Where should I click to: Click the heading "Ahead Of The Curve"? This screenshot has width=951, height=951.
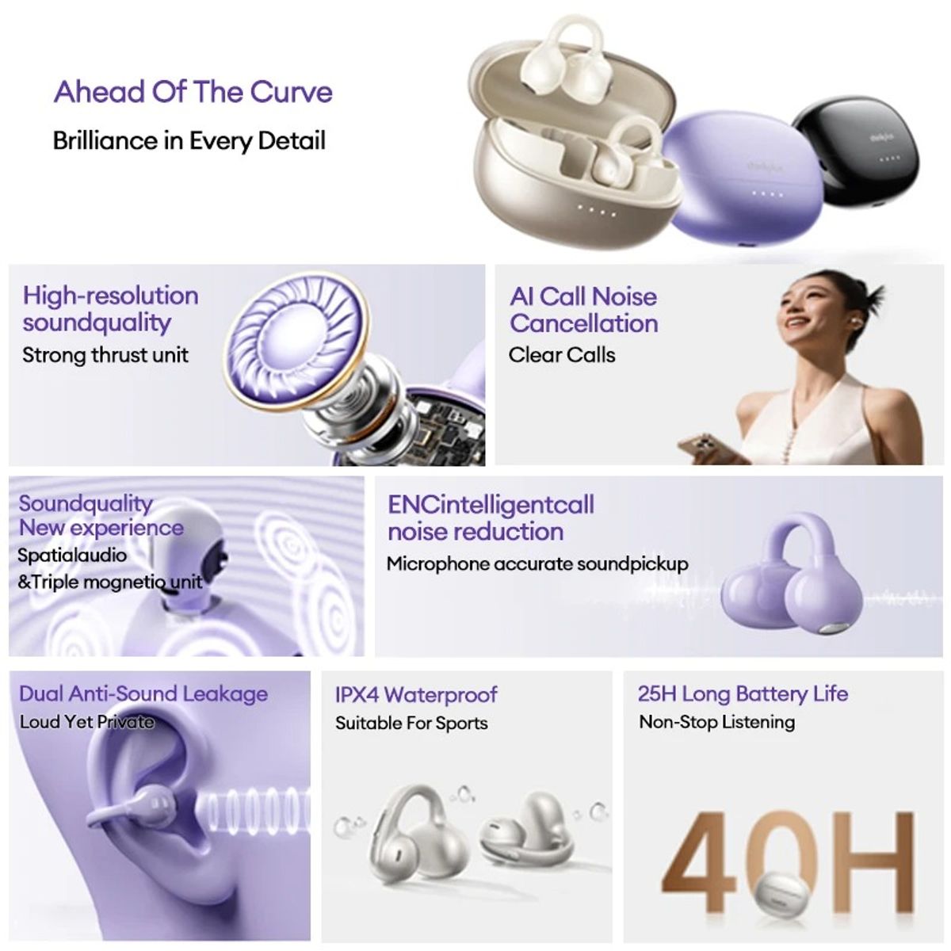(193, 92)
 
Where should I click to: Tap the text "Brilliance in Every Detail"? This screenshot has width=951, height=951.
(189, 141)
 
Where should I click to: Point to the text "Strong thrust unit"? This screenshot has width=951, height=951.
(105, 355)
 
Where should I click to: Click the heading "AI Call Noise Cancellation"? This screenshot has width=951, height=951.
(583, 310)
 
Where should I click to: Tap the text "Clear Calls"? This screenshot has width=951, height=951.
(561, 355)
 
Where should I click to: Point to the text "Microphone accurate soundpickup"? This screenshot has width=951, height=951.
(537, 564)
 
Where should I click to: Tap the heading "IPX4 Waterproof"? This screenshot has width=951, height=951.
(415, 695)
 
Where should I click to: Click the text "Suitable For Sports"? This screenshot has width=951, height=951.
(411, 723)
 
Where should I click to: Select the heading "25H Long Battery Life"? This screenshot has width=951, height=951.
(742, 694)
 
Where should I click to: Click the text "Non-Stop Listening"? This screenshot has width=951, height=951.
(716, 722)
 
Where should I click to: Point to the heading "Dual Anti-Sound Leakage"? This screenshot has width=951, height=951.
(143, 694)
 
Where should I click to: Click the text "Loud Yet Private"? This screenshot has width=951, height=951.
(86, 722)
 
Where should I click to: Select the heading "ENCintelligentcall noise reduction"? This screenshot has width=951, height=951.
(490, 518)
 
